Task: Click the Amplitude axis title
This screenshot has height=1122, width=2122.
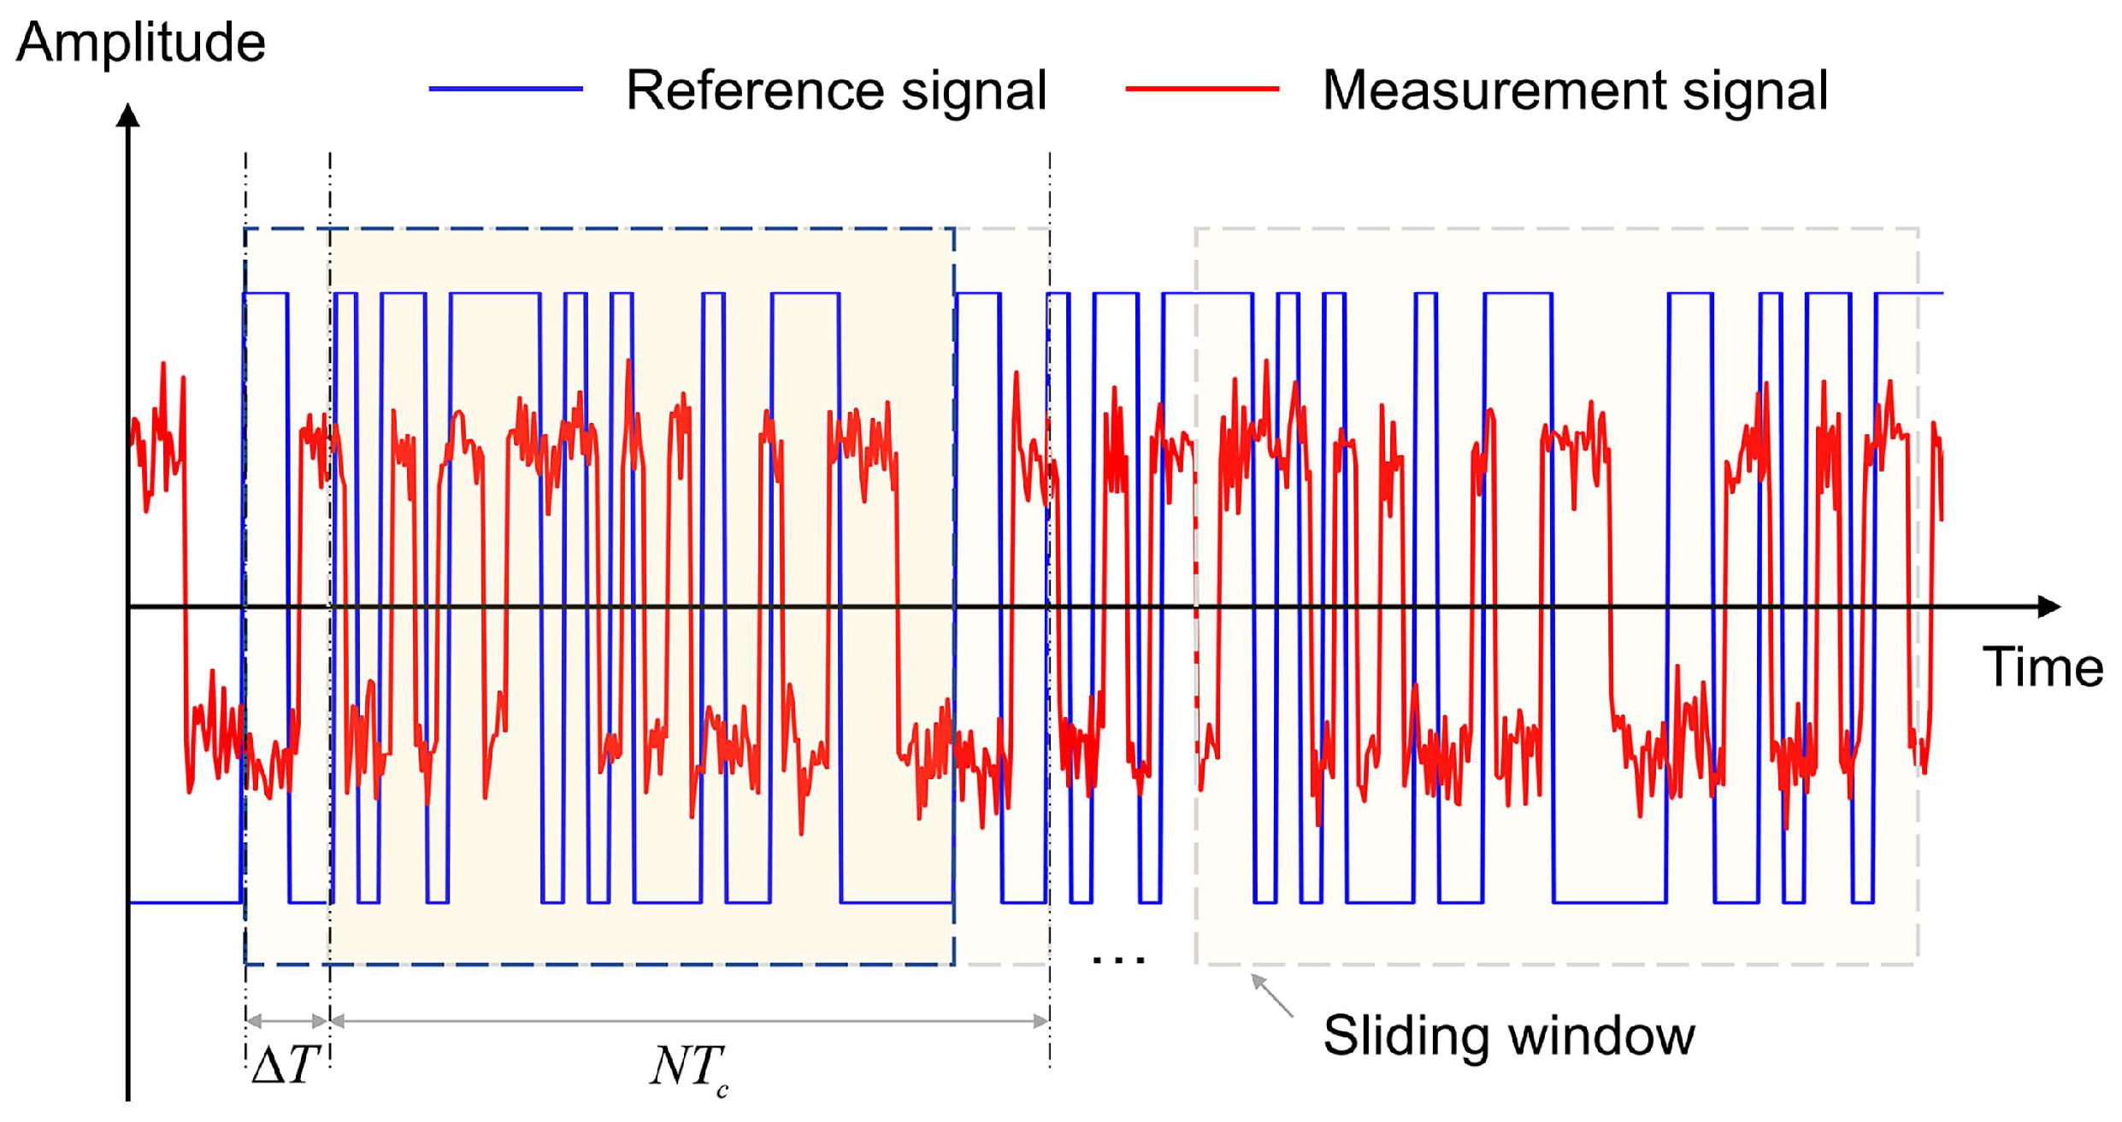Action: [x=141, y=43]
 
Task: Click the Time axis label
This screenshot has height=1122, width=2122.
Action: [x=2042, y=667]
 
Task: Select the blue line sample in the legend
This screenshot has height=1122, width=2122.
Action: [x=505, y=89]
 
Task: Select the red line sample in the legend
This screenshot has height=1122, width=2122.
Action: [x=1201, y=89]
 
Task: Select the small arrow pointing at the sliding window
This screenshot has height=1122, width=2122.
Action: [x=1271, y=996]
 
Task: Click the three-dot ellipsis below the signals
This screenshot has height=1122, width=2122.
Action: [x=1118, y=961]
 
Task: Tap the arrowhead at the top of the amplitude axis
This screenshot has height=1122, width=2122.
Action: [x=128, y=116]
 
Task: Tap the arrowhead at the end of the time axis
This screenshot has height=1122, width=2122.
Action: [x=2049, y=607]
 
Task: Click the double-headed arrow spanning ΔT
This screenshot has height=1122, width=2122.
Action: [x=287, y=1020]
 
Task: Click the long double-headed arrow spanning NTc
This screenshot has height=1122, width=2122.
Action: [x=689, y=1020]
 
